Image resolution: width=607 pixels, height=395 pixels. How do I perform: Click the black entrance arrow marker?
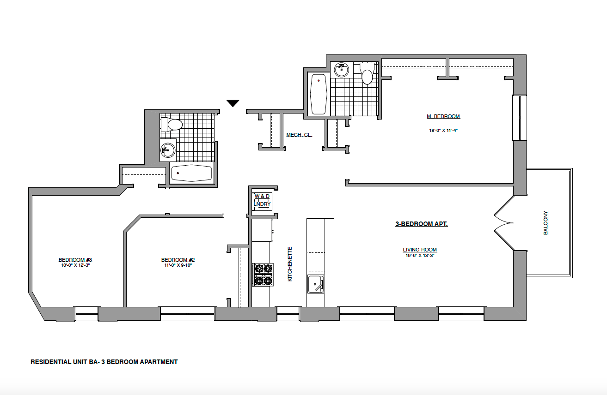[233, 103]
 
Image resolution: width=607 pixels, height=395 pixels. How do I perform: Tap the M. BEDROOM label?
[443, 117]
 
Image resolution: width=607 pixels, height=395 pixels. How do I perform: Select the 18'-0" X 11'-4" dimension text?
[443, 130]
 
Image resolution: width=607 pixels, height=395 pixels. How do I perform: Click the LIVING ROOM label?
[419, 250]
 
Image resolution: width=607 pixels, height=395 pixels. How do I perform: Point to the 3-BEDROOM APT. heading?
[421, 224]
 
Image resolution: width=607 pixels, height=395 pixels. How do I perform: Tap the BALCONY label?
[546, 223]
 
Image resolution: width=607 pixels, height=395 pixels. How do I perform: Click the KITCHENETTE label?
[290, 264]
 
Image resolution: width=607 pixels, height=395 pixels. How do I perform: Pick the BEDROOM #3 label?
[75, 259]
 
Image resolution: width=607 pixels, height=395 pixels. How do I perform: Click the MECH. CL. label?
[299, 135]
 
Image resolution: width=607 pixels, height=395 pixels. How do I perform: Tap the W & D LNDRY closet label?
[262, 200]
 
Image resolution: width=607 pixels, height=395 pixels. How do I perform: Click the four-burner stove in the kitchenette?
[262, 274]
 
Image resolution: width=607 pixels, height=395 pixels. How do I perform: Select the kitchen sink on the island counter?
[316, 283]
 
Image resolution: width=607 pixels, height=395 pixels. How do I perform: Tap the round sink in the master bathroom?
[342, 70]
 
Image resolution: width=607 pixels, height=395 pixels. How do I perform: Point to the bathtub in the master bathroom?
[318, 94]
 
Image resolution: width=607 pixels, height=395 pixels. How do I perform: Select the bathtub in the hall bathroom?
[192, 173]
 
